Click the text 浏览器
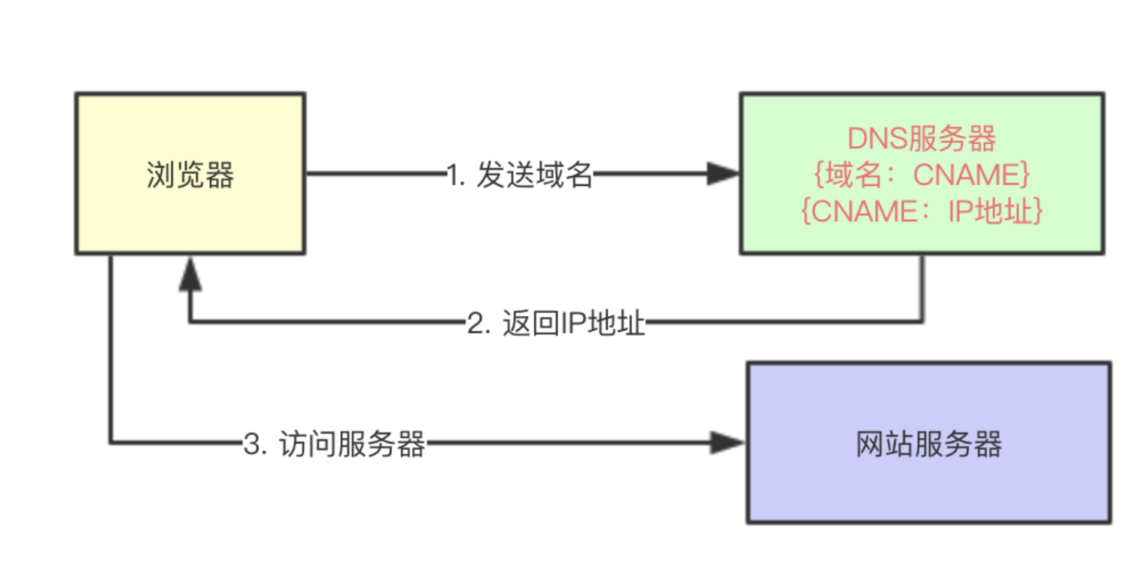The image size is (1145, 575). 190,175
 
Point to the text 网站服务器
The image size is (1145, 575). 928,444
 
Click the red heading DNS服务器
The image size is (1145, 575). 922,140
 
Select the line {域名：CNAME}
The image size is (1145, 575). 922,175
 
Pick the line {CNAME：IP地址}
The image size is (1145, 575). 922,211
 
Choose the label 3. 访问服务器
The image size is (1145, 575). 335,444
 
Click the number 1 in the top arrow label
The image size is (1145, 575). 453,176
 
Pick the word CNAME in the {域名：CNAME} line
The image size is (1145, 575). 966,175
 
